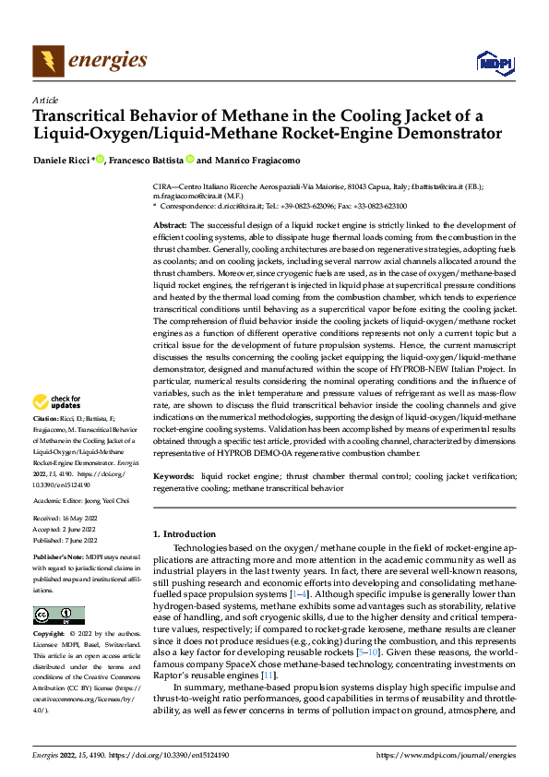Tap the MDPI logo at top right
[494, 62]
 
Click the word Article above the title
[44, 100]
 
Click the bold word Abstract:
[170, 225]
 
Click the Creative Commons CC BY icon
[59, 616]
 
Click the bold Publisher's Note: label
[57, 558]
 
